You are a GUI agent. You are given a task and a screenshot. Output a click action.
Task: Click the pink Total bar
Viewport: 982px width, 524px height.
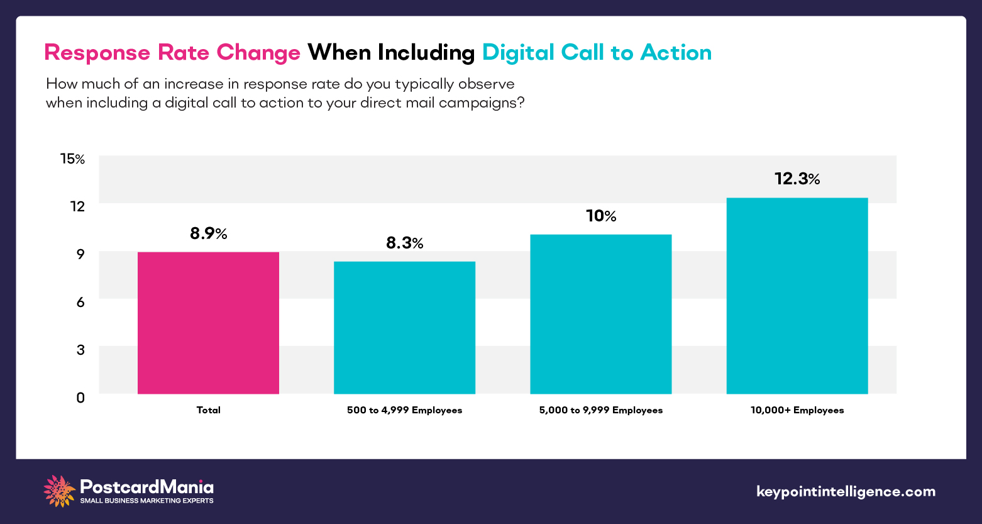point(208,323)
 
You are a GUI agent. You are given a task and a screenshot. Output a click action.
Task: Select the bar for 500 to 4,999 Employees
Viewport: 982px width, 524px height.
point(404,327)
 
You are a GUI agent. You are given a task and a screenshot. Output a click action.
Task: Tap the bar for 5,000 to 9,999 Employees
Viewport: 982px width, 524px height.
point(600,314)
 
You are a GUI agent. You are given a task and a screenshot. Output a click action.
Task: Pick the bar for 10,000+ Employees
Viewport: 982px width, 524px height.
point(797,296)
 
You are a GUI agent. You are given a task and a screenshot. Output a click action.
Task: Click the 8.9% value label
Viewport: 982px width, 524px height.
point(208,234)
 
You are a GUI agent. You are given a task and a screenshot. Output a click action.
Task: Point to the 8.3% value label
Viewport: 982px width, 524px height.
point(404,243)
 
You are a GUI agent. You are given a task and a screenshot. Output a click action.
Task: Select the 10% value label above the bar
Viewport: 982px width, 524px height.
point(600,216)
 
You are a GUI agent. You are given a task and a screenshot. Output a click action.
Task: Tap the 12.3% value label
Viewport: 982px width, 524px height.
point(797,179)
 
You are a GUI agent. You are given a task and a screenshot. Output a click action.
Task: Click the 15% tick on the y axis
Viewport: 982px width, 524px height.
point(72,159)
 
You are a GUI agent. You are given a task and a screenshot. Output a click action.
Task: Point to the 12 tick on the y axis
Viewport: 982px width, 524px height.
point(77,206)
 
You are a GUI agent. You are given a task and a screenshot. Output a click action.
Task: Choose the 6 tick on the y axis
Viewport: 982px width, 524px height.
point(80,302)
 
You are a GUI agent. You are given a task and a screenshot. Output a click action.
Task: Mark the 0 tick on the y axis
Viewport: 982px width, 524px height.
point(80,398)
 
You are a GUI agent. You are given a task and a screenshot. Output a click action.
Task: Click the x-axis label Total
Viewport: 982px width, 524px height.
point(208,410)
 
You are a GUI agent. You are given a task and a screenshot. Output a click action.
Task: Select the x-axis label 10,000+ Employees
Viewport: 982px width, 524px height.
point(797,410)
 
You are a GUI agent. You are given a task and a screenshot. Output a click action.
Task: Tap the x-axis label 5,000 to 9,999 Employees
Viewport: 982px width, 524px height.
point(600,410)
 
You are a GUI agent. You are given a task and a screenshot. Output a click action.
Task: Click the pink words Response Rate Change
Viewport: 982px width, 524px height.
point(172,53)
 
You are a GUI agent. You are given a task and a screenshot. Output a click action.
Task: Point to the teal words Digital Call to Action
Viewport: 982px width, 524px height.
point(597,53)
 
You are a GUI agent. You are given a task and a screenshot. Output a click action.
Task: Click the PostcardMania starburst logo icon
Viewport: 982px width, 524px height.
point(59,491)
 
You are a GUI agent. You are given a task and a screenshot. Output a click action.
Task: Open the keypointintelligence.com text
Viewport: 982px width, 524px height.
point(846,491)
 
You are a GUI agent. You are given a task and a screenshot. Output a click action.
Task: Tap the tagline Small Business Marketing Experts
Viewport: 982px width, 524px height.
point(146,501)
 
